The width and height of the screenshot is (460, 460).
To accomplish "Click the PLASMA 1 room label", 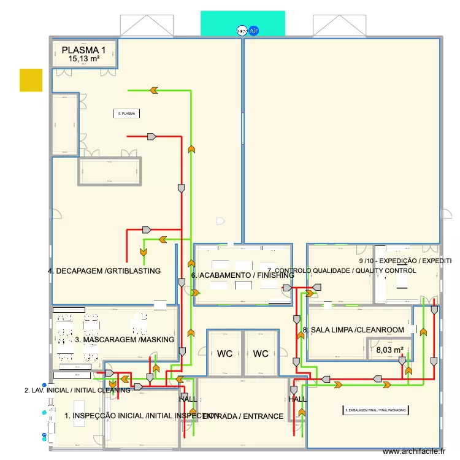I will click(83, 50).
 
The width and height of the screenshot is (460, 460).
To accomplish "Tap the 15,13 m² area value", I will click(83, 59).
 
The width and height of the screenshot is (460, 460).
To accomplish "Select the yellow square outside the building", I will click(31, 80).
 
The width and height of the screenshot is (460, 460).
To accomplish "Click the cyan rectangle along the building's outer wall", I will click(243, 23).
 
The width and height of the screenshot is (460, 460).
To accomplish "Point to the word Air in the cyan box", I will click(253, 29).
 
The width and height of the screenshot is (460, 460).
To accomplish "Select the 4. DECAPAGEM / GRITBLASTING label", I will click(104, 270).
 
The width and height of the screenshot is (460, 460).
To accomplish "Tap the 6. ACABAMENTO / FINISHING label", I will click(243, 275).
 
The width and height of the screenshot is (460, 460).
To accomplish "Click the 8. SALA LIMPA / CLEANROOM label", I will click(353, 330).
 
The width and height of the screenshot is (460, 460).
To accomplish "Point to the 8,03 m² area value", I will click(389, 350).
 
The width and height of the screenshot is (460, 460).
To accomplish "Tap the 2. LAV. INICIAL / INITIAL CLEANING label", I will click(77, 390).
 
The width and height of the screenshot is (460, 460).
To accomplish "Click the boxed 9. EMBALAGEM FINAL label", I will click(375, 410).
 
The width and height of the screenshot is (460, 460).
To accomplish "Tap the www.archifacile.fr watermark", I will click(414, 451).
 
